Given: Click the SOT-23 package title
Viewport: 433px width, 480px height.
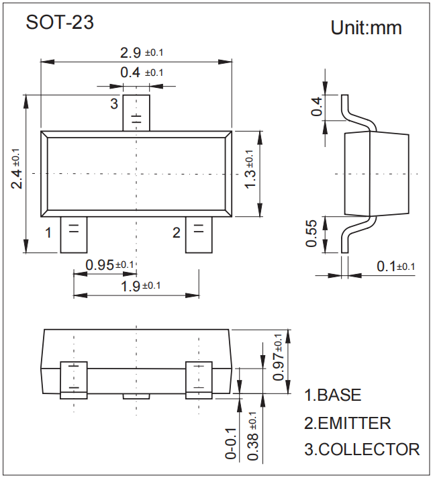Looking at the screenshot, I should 60,22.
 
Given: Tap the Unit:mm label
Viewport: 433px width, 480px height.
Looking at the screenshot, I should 366,28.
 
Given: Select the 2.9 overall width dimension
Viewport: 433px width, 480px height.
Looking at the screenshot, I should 142,52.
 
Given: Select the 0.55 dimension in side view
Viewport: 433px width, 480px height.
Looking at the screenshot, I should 311,234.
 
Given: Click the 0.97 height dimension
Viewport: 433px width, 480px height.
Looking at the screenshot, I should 279,357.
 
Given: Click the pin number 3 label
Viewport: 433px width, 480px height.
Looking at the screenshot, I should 114,103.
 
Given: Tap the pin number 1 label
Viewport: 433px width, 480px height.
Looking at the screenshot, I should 48,233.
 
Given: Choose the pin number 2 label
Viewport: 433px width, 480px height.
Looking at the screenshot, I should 177,233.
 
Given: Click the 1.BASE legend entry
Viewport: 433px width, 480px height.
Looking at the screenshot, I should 333,395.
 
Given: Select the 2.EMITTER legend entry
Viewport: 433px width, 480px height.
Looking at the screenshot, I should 347,423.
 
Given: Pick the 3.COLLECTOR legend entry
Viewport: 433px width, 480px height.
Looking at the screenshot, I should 362,449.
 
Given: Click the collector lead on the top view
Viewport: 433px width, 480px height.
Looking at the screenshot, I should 136,113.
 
